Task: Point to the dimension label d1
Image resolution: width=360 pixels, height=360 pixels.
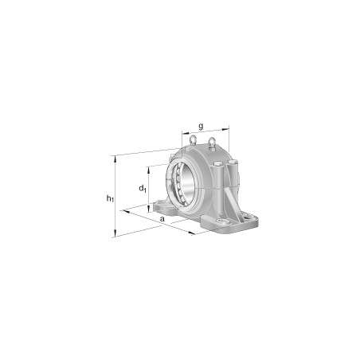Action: pyautogui.click(x=142, y=189)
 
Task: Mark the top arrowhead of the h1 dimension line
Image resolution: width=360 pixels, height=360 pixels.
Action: pyautogui.click(x=116, y=157)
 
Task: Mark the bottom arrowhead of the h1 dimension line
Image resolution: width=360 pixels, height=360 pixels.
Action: pyautogui.click(x=116, y=235)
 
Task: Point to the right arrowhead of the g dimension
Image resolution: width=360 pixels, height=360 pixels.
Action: pyautogui.click(x=229, y=127)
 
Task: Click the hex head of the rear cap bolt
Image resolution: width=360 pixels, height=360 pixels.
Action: pyautogui.click(x=234, y=164)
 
